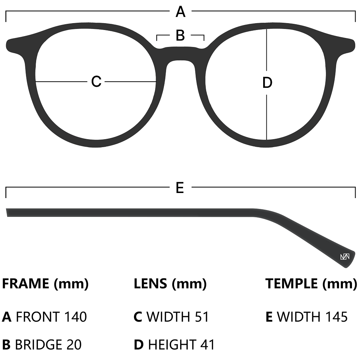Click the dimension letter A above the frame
tap(180, 12)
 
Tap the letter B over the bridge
tap(180, 36)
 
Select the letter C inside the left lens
tap(96, 82)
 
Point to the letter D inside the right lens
tap(267, 83)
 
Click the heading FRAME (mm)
tap(45, 284)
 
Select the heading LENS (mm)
tap(170, 284)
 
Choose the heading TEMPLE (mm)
tap(311, 284)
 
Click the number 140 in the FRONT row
tap(75, 317)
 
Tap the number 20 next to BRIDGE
tap(74, 344)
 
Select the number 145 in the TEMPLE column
tap(336, 317)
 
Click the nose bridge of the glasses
tap(180, 54)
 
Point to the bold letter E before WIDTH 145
tap(269, 317)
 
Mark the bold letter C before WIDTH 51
tap(138, 317)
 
